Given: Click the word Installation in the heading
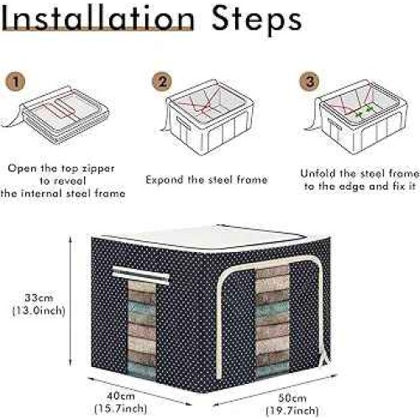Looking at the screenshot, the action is (97, 18).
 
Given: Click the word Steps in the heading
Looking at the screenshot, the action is (256, 20).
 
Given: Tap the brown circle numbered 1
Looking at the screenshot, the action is (15, 81).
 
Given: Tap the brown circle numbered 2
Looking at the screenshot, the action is (162, 81).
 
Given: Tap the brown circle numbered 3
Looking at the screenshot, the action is (309, 81).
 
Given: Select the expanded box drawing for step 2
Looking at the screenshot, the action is (207, 118).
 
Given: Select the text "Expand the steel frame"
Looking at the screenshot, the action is (207, 180).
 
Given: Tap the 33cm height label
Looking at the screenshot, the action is (39, 297).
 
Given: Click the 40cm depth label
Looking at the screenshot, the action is (121, 396).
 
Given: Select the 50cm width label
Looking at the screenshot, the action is (292, 397).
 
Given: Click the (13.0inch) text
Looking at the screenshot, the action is (39, 310).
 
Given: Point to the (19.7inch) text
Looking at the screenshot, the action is (292, 411).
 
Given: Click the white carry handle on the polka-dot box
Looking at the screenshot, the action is (141, 276).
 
